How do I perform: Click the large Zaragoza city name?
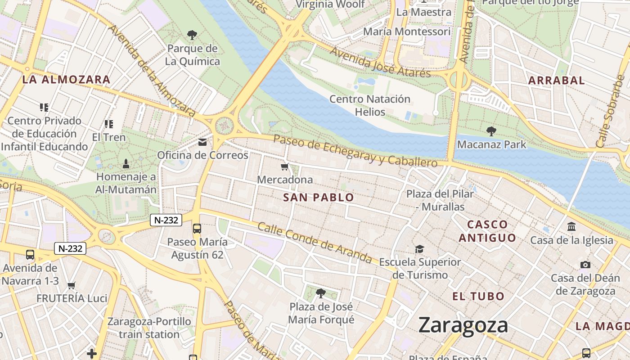pos(463,325)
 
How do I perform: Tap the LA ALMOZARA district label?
pos(66,80)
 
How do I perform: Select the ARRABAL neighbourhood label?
pos(556,81)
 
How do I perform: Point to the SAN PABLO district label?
pos(319,197)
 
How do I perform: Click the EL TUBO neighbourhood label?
pos(478,296)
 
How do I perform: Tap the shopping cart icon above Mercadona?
pos(284,167)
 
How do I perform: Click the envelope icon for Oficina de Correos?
pos(202,142)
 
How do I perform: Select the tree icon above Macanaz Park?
pos(491,131)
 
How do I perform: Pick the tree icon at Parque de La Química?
pos(192,35)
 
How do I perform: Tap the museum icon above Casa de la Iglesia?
pos(571,226)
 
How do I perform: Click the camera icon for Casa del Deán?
pos(585,265)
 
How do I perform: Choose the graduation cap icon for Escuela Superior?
pos(419,249)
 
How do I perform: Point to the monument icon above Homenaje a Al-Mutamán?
pos(126,163)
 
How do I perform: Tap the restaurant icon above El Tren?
pos(108,124)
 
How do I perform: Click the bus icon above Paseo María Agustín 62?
pos(197,228)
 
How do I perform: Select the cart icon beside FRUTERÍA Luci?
pos(71,285)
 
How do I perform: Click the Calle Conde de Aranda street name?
pos(315,243)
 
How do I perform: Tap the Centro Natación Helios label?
pos(370,105)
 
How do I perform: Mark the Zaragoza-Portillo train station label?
pos(149,328)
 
